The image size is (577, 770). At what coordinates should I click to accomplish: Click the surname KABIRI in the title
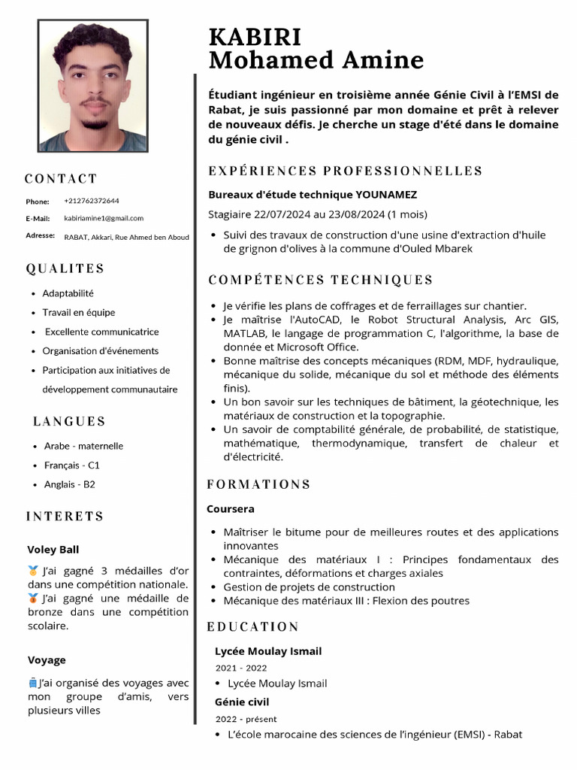[255, 36]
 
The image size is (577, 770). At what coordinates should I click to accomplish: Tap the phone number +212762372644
[92, 201]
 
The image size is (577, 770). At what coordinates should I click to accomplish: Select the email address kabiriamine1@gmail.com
[104, 218]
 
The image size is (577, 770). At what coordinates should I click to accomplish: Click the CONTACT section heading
[61, 179]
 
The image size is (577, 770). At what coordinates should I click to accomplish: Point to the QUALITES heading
[65, 268]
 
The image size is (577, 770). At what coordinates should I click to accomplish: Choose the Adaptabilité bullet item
[68, 293]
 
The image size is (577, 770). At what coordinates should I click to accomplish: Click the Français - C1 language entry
[71, 465]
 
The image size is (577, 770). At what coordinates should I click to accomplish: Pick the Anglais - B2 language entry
[69, 485]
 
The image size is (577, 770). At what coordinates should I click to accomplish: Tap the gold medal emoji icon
[33, 571]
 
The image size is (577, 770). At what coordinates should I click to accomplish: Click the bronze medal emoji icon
[33, 599]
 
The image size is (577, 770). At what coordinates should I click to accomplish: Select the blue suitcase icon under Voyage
[32, 683]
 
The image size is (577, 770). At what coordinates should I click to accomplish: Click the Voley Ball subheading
[53, 550]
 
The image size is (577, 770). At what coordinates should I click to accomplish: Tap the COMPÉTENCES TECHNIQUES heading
[320, 280]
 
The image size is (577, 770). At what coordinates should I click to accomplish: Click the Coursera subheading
[231, 509]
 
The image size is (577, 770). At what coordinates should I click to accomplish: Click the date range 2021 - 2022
[240, 668]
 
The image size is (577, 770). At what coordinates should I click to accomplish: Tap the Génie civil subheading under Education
[242, 702]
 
